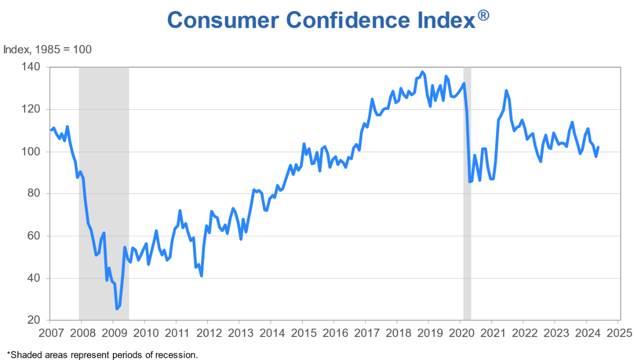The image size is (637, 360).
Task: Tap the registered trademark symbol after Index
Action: pyautogui.click(x=484, y=15)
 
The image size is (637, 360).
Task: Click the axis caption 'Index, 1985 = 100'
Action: pyautogui.click(x=47, y=49)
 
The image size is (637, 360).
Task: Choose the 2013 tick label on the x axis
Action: pyautogui.click(x=239, y=333)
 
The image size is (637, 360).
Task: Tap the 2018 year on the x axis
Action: pyautogui.click(x=397, y=333)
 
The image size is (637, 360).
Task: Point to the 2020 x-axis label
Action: pyautogui.click(x=460, y=333)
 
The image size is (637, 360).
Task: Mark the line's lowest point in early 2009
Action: pyautogui.click(x=117, y=308)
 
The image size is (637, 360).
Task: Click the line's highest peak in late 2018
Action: pyautogui.click(x=422, y=72)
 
